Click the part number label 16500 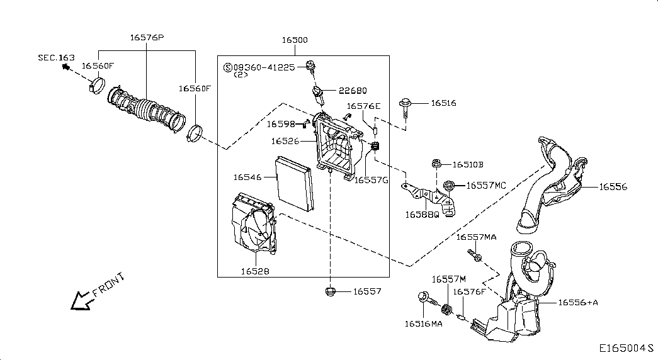tap(294, 40)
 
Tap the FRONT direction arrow tap(80, 300)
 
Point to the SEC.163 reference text tap(55, 57)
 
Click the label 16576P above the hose tap(147, 37)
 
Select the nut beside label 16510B tap(436, 164)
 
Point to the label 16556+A tap(577, 303)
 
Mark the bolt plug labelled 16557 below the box tap(329, 291)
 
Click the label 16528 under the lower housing tap(255, 271)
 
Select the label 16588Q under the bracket tap(422, 214)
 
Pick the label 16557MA tap(476, 237)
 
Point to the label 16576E tap(364, 106)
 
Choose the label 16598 tap(280, 124)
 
